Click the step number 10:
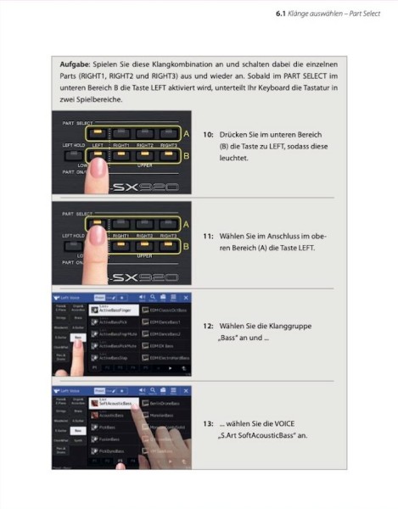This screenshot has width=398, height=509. (209, 135)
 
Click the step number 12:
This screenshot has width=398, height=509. (209, 325)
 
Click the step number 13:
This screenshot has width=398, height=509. (209, 422)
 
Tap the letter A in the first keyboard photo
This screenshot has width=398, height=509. (186, 134)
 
